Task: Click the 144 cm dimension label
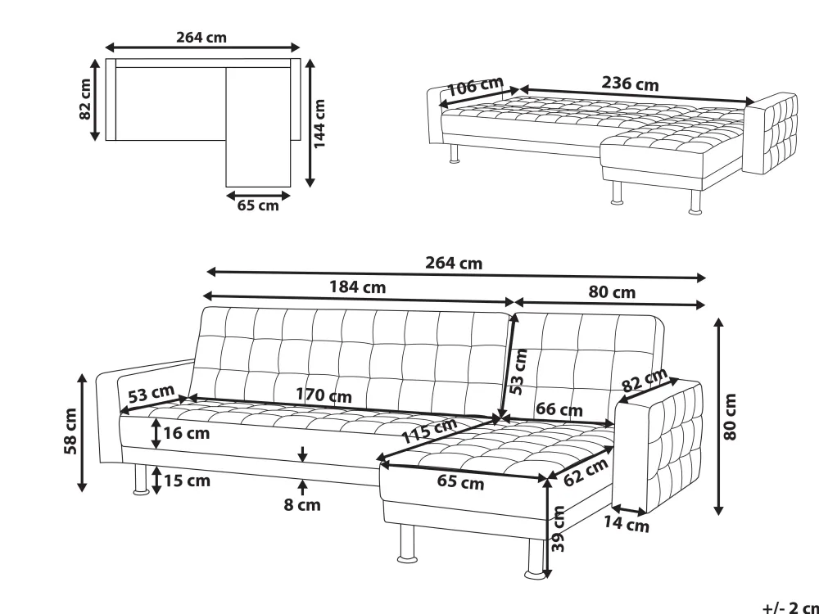(x=319, y=124)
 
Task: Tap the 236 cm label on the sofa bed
(x=630, y=84)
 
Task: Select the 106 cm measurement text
(x=475, y=86)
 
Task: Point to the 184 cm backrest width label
(x=357, y=287)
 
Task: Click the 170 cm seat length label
(x=324, y=395)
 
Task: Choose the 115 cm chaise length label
(x=429, y=431)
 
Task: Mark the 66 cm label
(x=559, y=409)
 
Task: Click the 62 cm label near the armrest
(x=586, y=472)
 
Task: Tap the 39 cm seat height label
(x=559, y=528)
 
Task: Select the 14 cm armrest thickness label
(x=627, y=523)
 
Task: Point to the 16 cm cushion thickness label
(x=187, y=433)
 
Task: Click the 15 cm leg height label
(x=187, y=481)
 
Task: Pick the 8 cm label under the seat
(x=302, y=505)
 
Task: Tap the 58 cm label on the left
(x=70, y=431)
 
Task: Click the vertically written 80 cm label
(x=730, y=416)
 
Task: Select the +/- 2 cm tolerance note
(x=791, y=607)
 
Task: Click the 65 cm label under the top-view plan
(x=258, y=205)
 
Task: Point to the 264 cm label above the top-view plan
(x=201, y=38)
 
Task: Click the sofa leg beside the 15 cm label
(x=141, y=479)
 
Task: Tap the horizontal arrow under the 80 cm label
(x=609, y=303)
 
